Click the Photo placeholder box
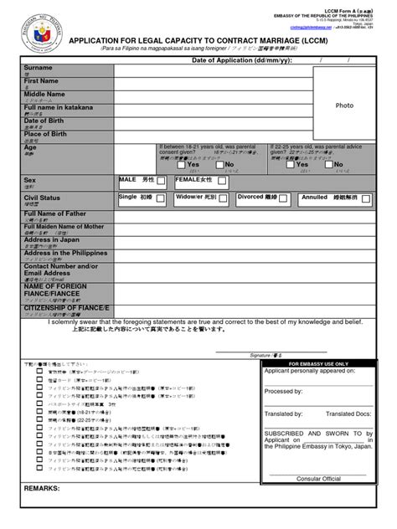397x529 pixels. click(x=344, y=105)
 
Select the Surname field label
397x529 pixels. click(x=39, y=67)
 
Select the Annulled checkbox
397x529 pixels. click(x=365, y=198)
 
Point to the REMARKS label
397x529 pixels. click(x=43, y=487)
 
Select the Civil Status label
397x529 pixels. click(x=43, y=198)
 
